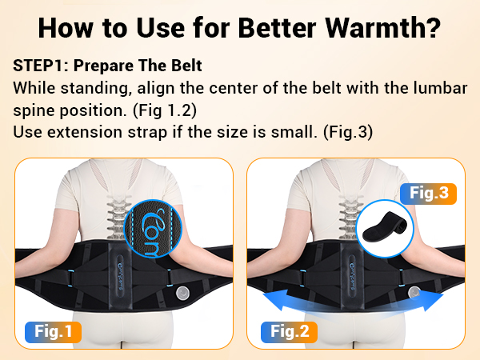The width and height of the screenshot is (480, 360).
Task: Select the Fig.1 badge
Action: coord(55,330)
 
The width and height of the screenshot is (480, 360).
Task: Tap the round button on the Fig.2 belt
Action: coord(414,292)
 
